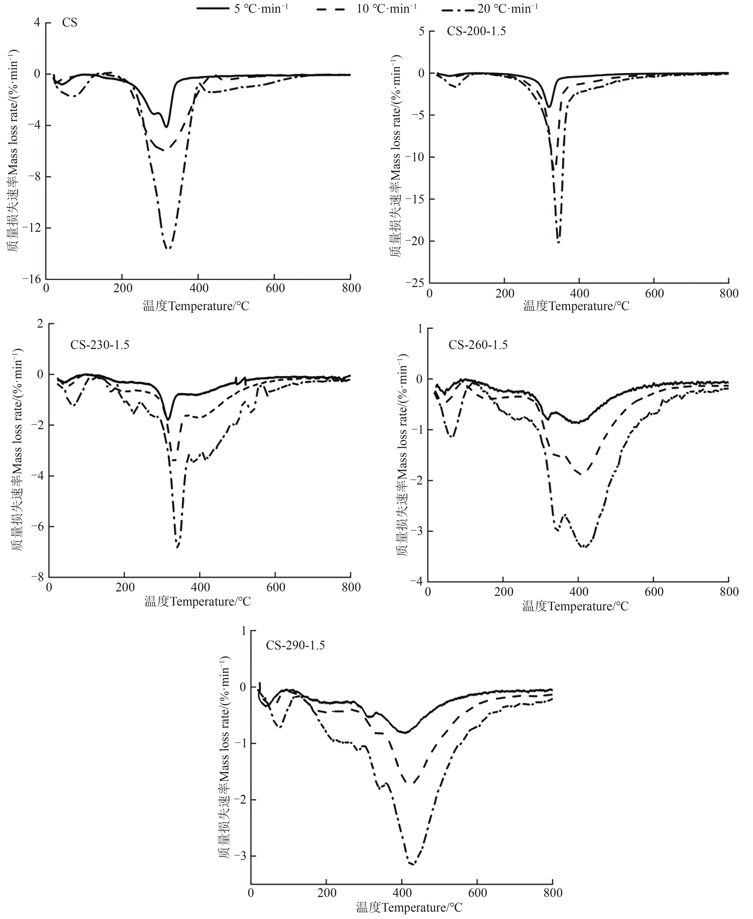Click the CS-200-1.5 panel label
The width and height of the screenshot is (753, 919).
coord(476,31)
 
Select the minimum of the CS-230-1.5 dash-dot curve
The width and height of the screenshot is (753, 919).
coord(178,547)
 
